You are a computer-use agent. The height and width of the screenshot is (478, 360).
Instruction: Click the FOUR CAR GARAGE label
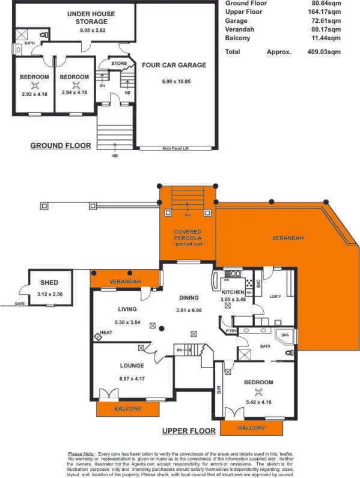tap(174, 65)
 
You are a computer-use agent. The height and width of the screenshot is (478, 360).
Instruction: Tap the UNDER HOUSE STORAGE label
tap(91, 17)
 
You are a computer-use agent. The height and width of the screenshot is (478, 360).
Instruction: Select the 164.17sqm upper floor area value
tap(323, 11)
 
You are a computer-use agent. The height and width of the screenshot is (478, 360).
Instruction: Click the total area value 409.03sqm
tap(323, 52)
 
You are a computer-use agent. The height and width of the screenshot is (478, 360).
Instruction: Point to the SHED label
tap(49, 282)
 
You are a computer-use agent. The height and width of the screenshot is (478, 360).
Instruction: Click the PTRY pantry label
tap(230, 331)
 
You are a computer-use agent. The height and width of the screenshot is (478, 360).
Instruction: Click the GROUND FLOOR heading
tap(61, 145)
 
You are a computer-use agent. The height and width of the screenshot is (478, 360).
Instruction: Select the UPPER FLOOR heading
tap(189, 431)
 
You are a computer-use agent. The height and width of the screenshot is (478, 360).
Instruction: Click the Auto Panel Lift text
tap(176, 147)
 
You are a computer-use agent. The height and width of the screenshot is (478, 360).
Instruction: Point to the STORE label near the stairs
tap(119, 62)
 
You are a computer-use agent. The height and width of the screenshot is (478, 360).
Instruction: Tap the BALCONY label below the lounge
tap(127, 408)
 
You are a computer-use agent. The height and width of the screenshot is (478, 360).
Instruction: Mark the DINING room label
tap(189, 297)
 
